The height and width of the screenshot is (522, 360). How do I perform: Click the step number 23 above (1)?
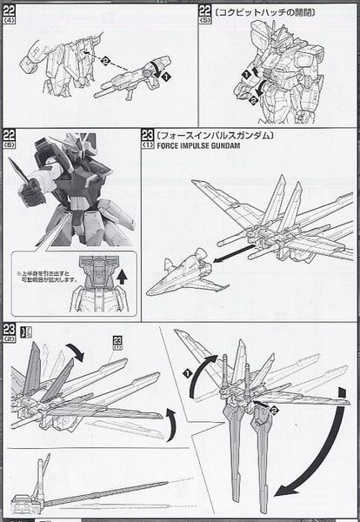[x=147, y=136]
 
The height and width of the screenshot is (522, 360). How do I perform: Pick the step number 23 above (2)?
[x=10, y=329]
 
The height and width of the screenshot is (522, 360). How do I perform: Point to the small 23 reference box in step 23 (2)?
[x=118, y=341]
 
